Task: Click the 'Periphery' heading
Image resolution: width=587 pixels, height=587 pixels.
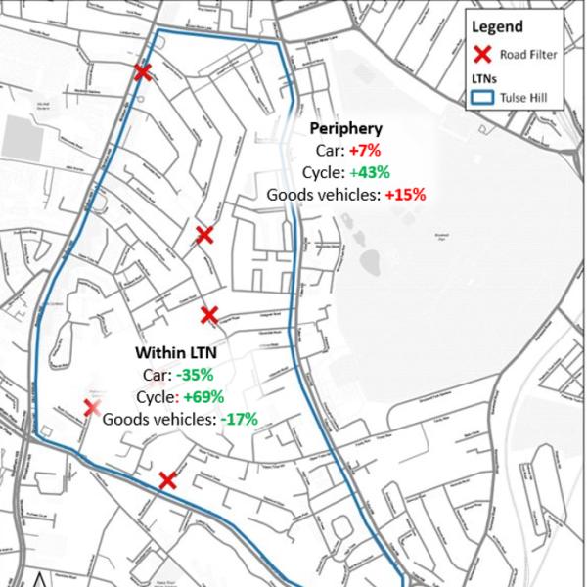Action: point(345,128)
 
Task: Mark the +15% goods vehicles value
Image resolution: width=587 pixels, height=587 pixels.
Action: point(405,195)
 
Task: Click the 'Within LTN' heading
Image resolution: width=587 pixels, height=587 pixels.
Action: point(175,352)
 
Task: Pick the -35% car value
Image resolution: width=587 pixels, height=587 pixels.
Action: point(195,375)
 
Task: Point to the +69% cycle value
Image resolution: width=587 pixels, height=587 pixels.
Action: point(203,397)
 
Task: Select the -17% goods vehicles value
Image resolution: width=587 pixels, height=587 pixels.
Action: point(239,419)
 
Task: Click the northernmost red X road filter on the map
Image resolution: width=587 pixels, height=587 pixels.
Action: point(143,71)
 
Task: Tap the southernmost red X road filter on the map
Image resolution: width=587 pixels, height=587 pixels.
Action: point(167,479)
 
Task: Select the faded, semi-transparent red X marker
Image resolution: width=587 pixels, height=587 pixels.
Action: point(91,407)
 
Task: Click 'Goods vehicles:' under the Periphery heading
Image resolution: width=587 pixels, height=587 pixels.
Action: point(324,195)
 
